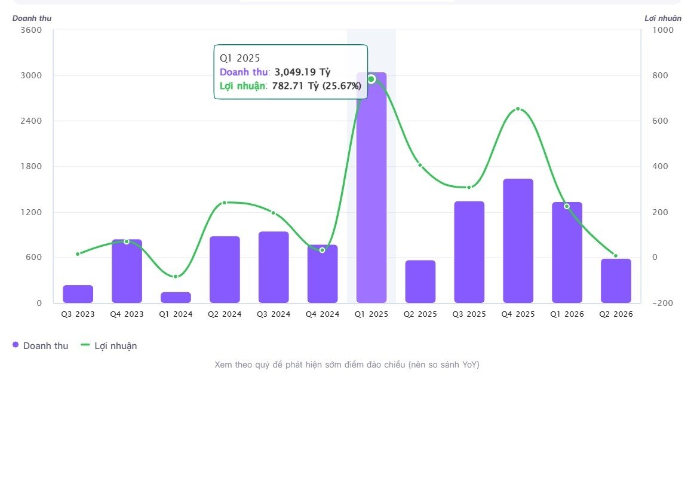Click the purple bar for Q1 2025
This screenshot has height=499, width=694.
371,188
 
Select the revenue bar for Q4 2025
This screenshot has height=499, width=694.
518,241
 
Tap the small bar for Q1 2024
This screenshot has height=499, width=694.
176,298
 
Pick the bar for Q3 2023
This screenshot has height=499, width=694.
78,294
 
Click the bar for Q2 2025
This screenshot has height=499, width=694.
420,281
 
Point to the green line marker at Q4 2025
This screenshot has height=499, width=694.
518,109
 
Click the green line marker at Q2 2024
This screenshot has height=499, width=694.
225,203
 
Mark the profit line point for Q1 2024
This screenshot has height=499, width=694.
176,277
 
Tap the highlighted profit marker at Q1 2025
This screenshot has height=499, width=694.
371,79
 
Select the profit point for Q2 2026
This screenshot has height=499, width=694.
616,256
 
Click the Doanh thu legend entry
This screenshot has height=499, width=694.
40,346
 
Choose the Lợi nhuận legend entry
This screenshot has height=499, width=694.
109,346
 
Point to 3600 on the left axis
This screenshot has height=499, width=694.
31,30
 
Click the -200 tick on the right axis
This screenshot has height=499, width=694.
662,304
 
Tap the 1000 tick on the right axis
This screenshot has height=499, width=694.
663,30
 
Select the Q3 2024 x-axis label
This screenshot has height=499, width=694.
274,314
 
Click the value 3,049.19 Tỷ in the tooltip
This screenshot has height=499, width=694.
303,72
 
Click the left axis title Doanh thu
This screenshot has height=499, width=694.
32,18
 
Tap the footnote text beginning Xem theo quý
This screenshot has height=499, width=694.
347,365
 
